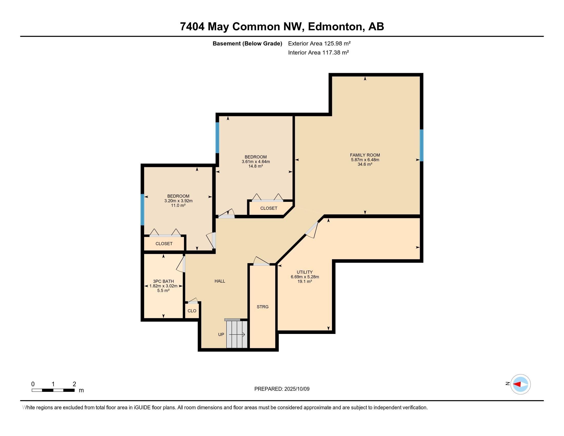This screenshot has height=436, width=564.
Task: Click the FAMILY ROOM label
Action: (365, 155)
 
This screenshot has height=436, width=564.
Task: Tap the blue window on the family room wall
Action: (421, 145)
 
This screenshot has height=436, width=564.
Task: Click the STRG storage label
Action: (262, 306)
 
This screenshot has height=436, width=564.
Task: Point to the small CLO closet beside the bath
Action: (192, 311)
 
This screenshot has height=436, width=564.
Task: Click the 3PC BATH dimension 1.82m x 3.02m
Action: (163, 286)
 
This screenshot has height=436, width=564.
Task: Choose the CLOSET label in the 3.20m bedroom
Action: (164, 244)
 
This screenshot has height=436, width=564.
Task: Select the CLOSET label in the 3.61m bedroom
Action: (269, 208)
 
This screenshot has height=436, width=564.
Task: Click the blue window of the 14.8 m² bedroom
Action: (217, 138)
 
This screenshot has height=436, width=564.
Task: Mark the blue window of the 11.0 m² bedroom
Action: (142, 210)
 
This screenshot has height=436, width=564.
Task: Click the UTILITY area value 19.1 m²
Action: (305, 282)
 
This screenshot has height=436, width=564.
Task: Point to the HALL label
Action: (220, 281)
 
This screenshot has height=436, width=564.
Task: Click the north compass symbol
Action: (520, 384)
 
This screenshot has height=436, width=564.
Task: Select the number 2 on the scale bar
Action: (74, 384)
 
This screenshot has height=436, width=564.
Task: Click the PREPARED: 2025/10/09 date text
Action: (282, 389)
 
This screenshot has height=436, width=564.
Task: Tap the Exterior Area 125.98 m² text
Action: (319, 43)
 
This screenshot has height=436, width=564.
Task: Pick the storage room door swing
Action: (261, 261)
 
